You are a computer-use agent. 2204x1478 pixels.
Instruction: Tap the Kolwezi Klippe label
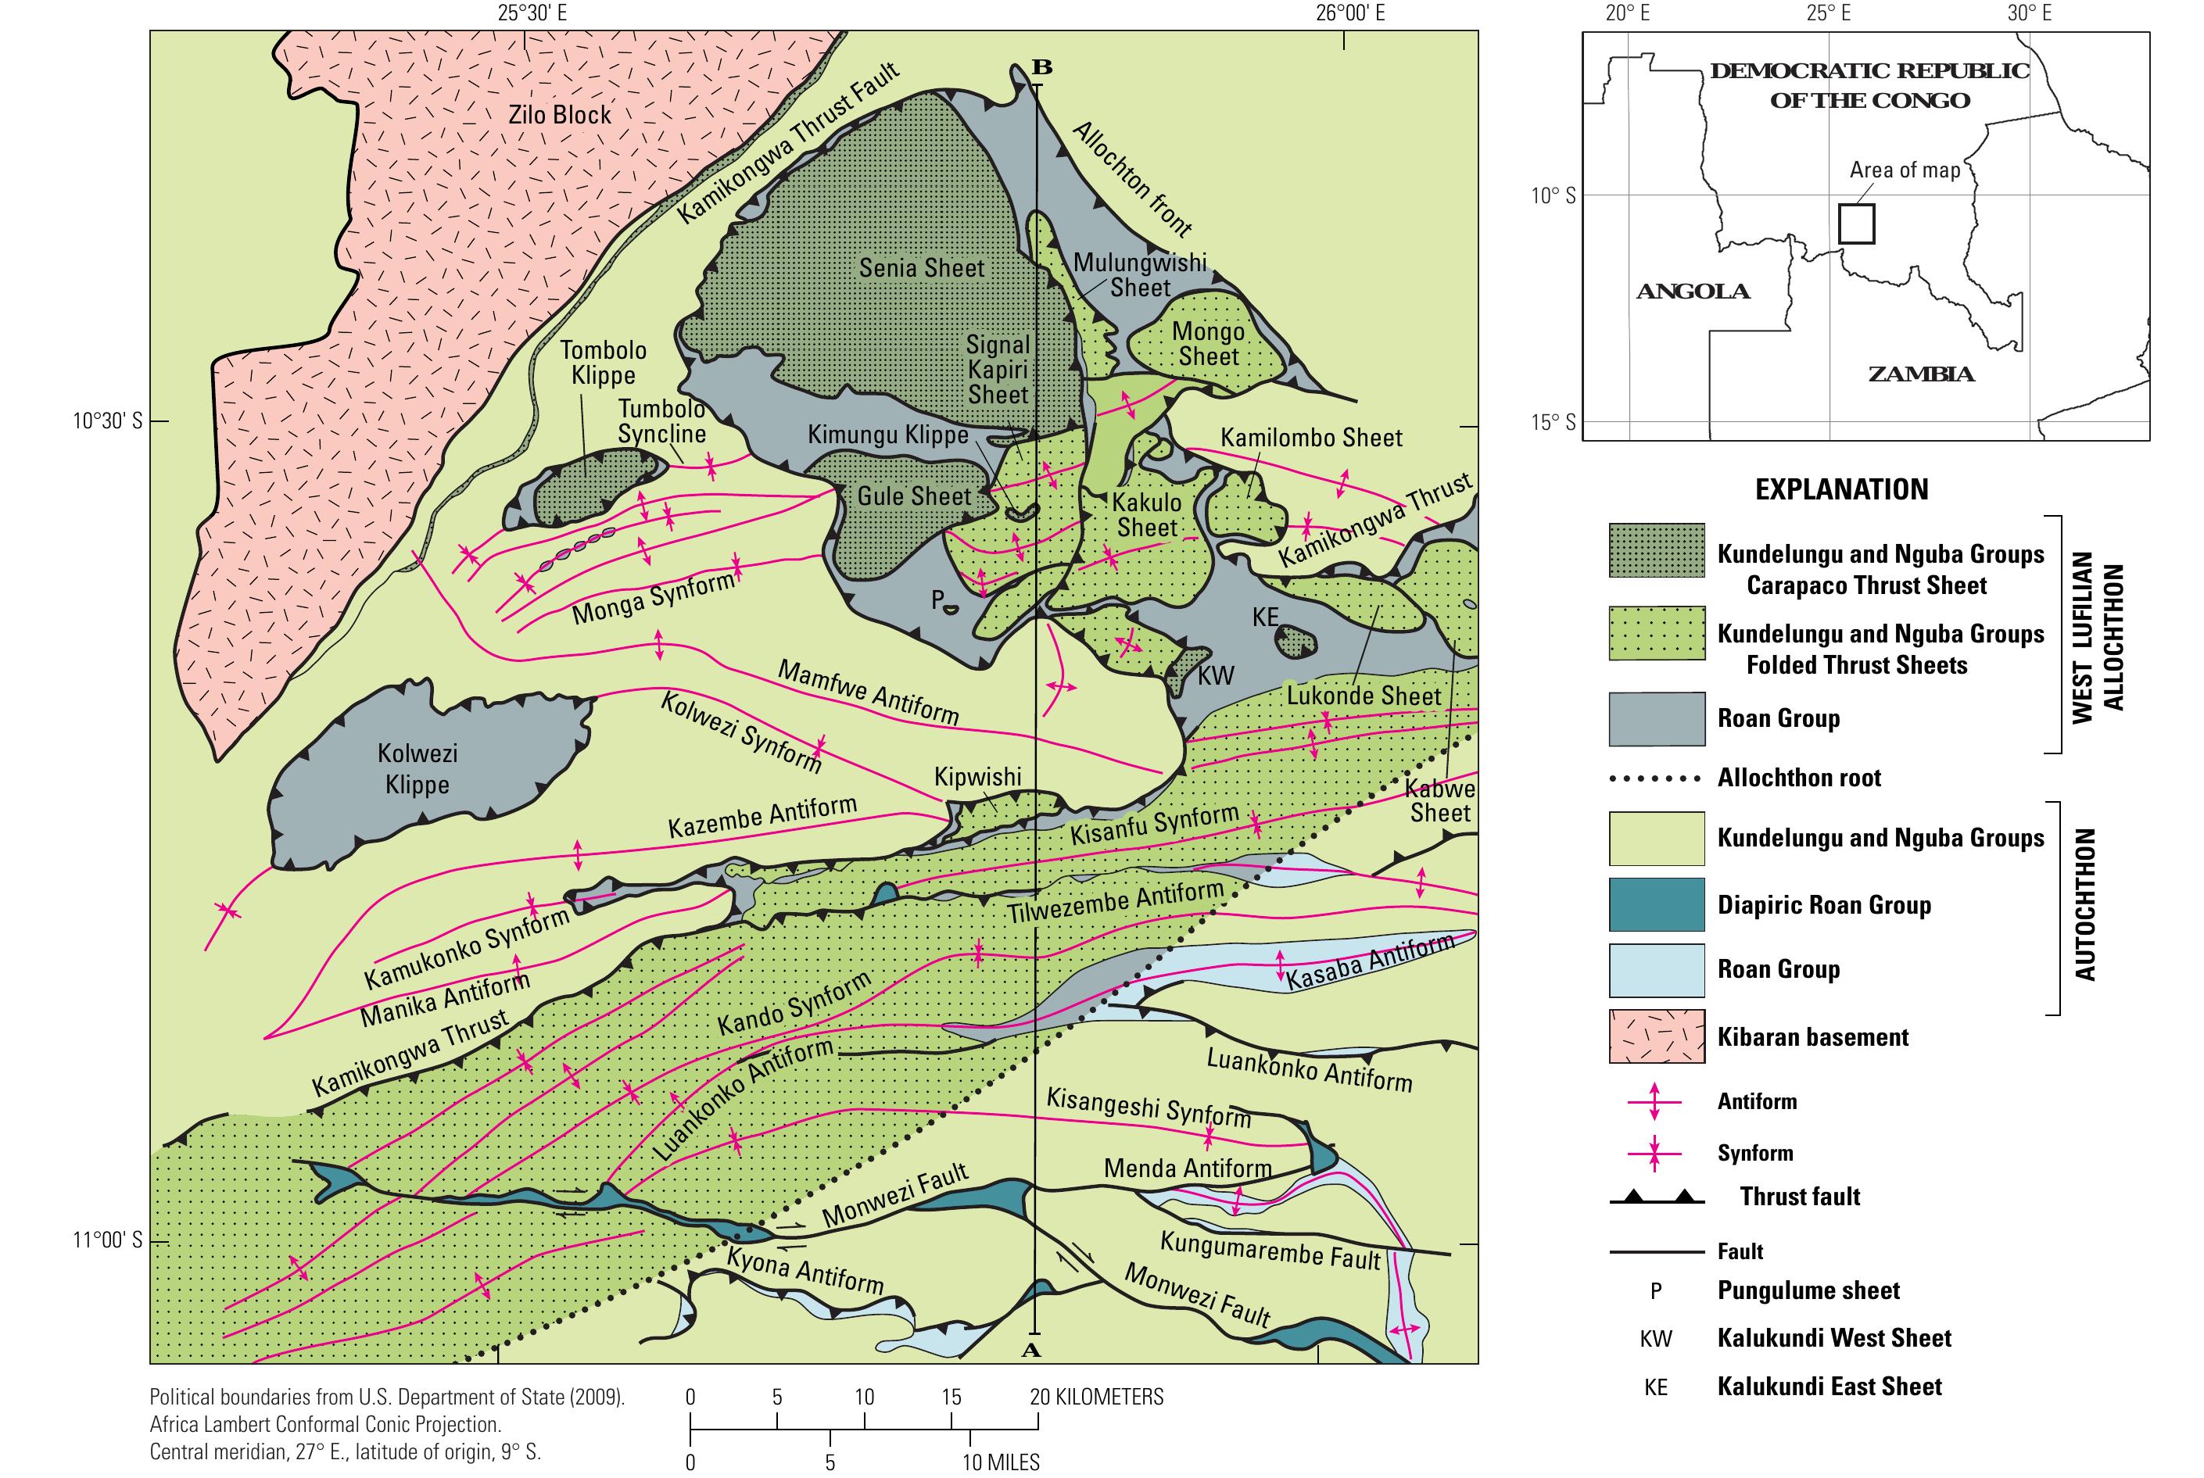coord(417,769)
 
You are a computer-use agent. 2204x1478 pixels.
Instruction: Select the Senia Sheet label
coord(921,269)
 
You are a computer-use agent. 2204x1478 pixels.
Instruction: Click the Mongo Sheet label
coord(1208,344)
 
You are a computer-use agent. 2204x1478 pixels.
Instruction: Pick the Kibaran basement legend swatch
coord(1656,1037)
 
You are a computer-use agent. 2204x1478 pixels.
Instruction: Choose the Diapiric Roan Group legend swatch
coord(1656,905)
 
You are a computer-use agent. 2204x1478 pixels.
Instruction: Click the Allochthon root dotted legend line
coord(1656,778)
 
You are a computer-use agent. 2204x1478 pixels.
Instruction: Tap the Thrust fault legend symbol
coord(1656,1197)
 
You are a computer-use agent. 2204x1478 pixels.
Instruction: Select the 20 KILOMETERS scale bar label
coord(1096,1397)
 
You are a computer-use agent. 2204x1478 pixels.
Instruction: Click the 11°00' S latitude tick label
coord(107,1240)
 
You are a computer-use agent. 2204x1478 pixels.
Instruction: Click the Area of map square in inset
coord(1856,224)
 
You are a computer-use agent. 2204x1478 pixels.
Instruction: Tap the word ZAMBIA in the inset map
coord(1920,374)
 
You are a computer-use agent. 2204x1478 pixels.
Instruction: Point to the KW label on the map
coord(1215,676)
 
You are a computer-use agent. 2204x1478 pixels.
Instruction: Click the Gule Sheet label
coord(912,497)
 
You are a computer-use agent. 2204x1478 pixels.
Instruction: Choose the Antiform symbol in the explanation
coord(1656,1102)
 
